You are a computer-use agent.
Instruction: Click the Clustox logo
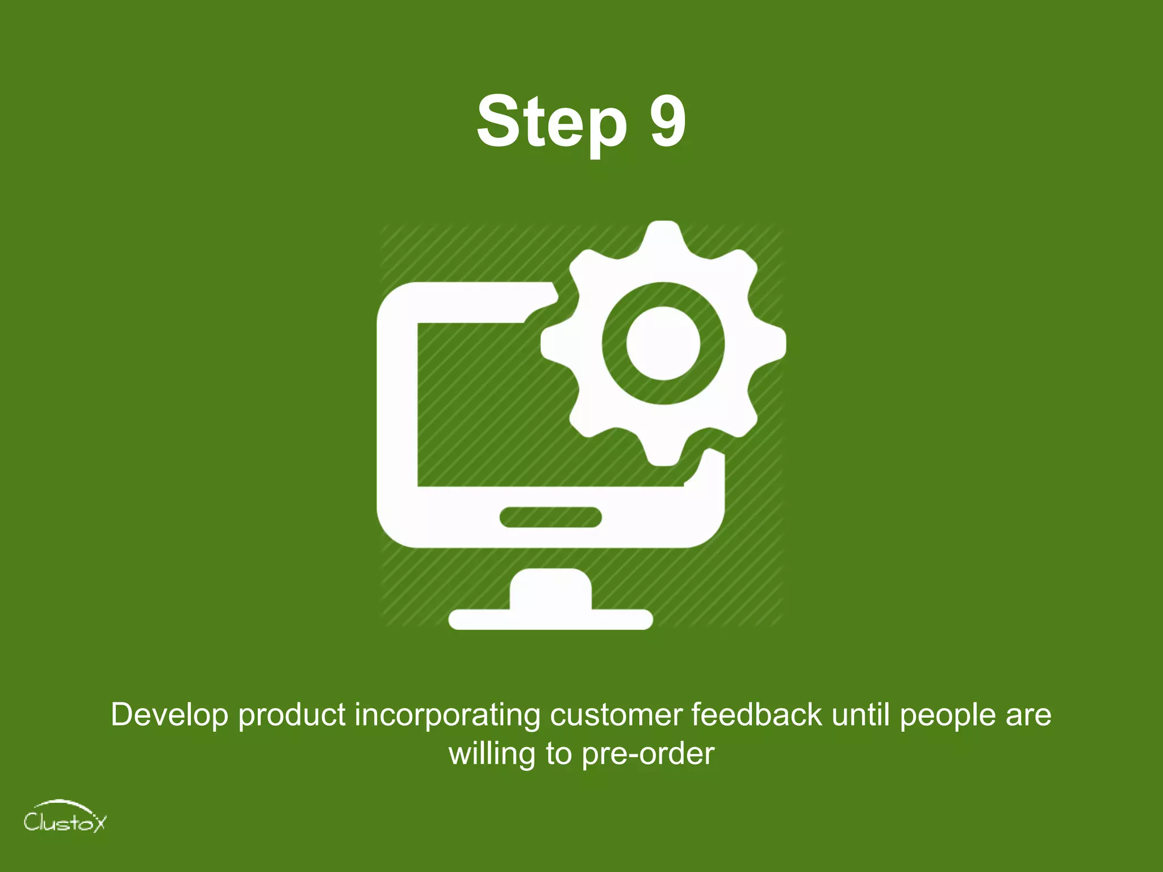coord(65,817)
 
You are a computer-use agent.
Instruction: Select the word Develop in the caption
coord(169,715)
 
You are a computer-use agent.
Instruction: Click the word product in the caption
coord(292,715)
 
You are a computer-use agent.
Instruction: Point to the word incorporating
coord(447,715)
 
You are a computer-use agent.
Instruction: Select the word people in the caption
coord(948,715)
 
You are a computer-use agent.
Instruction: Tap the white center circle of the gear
coord(663,343)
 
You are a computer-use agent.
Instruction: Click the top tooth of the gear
coord(663,238)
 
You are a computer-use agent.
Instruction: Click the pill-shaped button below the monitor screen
coord(550,517)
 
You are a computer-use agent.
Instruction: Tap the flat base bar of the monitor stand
coord(550,619)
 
